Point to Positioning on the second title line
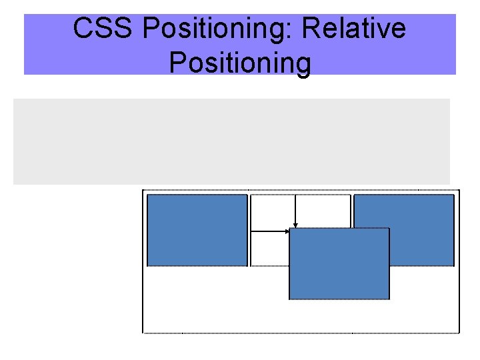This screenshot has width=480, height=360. (x=240, y=63)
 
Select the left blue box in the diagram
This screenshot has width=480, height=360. (x=197, y=230)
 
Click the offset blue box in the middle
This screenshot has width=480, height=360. (x=339, y=264)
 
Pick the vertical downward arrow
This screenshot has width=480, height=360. (x=295, y=210)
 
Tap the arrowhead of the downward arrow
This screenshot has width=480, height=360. (x=295, y=225)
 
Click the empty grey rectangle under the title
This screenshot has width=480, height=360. (x=231, y=141)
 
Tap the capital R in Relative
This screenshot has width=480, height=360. (x=311, y=29)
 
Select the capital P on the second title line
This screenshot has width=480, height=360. (x=178, y=63)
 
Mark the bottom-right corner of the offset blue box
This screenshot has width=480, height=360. (x=389, y=299)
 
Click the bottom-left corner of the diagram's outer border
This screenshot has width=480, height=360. (x=143, y=331)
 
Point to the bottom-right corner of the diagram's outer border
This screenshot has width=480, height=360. (x=460, y=331)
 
